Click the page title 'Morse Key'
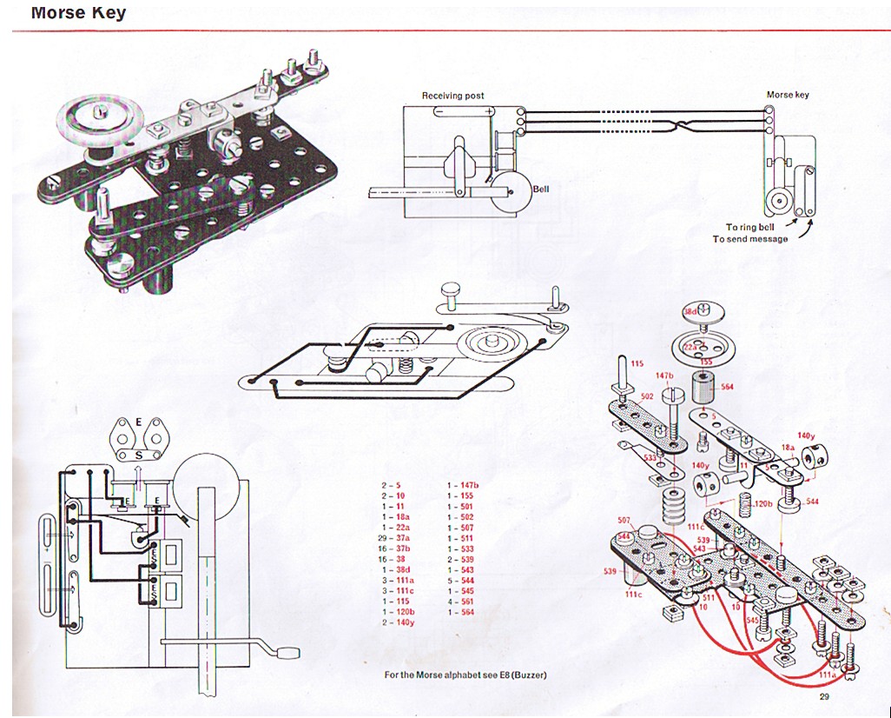point(78,13)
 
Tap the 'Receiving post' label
point(452,96)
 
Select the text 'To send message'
point(750,239)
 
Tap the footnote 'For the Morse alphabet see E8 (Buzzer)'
point(465,675)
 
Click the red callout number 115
point(637,363)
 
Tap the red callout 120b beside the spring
point(763,504)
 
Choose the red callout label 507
point(624,521)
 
